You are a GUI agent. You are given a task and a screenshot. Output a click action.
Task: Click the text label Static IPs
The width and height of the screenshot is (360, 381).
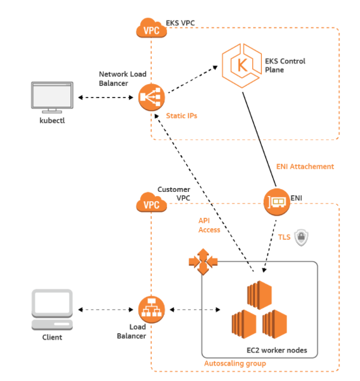click(181, 116)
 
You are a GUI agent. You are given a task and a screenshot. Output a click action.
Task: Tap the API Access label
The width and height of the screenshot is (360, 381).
click(209, 225)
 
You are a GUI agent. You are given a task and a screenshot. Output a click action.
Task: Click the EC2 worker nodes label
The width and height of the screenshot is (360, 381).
click(280, 350)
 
